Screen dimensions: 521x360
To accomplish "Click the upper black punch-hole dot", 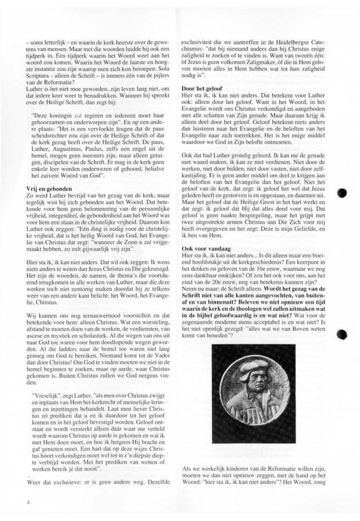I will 342,193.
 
